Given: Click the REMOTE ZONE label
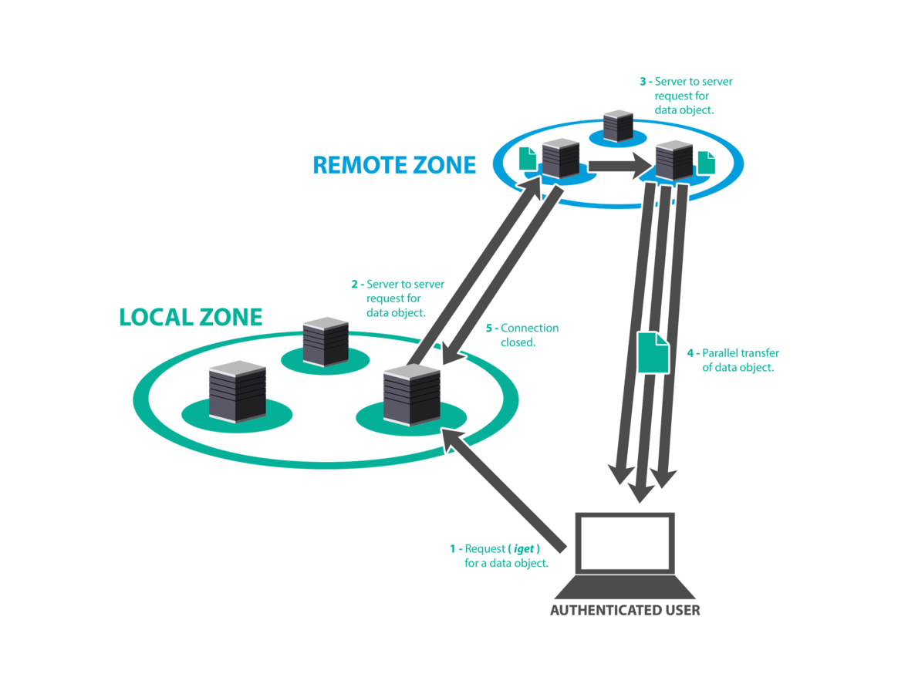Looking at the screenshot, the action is [x=394, y=165].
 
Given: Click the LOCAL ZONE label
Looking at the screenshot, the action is [x=191, y=317].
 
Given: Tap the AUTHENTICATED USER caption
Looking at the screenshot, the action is [x=625, y=611].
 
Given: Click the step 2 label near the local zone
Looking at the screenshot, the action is [x=397, y=298].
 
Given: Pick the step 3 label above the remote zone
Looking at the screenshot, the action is [x=685, y=96].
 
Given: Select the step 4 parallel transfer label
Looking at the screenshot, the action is [x=734, y=360].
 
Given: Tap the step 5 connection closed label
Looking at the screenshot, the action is [x=521, y=335].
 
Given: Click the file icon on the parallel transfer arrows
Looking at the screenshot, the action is [x=653, y=352].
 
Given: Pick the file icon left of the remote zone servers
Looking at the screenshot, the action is [x=528, y=158].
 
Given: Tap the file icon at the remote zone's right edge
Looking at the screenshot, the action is [x=707, y=162].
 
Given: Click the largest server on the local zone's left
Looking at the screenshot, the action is [x=238, y=391].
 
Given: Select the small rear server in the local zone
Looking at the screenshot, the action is [x=326, y=340].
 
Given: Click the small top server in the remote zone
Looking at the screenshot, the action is [x=618, y=125].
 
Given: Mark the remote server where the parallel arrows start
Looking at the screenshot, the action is [x=673, y=161].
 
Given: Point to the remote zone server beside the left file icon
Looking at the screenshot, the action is [x=560, y=158].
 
